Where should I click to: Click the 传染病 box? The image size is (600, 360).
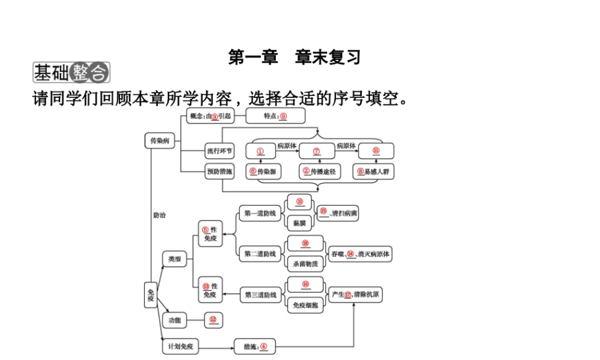160,141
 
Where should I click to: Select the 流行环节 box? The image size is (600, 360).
219,151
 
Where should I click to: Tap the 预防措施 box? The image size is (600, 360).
219,172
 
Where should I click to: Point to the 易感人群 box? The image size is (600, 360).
373,172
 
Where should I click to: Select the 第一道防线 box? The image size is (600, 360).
260,213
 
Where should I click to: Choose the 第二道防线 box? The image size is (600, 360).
260,254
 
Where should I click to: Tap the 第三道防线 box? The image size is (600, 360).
260,295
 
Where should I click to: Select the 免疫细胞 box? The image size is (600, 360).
305,305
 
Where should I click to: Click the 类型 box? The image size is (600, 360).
174,259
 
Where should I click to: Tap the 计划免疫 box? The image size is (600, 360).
181,347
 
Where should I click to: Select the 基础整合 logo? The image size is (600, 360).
71,73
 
